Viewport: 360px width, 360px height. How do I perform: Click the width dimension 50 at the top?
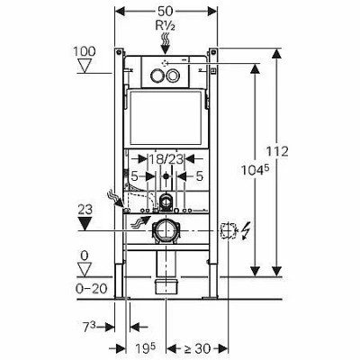point(165,11)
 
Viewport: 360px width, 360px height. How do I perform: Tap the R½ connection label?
point(166,26)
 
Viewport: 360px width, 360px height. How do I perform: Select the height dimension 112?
point(277,151)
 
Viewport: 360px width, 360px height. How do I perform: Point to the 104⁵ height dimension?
point(255,170)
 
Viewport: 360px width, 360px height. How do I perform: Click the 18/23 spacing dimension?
point(166,159)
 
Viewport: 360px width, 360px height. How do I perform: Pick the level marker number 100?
point(85,51)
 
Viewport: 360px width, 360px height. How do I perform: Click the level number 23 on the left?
point(85,210)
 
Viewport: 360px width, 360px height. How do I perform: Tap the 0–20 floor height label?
point(92,289)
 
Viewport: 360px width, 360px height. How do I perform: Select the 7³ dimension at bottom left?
point(89,327)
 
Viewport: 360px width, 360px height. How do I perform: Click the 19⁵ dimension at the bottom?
point(146,349)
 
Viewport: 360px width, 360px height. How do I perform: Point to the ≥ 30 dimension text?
point(198,348)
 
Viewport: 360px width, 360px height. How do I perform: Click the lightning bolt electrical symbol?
point(245,231)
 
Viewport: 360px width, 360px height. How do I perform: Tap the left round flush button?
point(157,76)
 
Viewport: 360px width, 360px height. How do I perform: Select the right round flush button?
point(173,76)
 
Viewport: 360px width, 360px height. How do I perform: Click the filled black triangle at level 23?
point(85,223)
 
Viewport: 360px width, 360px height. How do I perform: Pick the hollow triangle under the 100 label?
point(85,66)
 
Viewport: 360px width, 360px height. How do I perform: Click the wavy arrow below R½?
point(165,43)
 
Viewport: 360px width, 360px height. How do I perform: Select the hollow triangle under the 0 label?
point(85,269)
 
